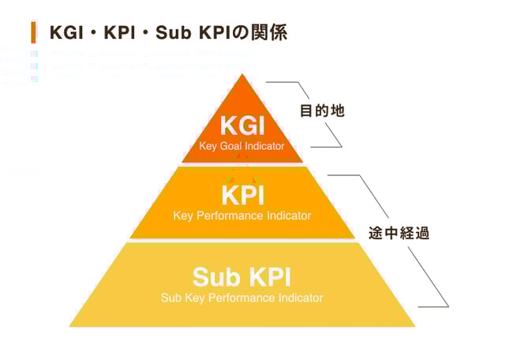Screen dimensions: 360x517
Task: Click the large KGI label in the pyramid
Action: coord(242,126)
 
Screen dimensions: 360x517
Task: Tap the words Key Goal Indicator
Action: coord(242,146)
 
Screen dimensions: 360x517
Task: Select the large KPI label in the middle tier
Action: coord(242,195)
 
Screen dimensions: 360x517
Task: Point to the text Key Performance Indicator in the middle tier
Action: coord(242,216)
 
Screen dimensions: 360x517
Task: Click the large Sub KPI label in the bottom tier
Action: coord(242,277)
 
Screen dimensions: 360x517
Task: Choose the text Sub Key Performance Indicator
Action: coord(242,298)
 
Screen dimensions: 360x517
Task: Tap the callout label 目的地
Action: coord(324,111)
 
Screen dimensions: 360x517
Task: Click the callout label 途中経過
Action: coord(399,234)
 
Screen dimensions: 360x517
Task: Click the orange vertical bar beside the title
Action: coord(33,32)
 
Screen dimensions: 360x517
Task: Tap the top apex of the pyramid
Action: coord(242,77)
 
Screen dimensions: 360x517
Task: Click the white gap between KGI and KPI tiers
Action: coord(242,164)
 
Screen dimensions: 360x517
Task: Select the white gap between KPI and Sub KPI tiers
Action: coord(242,241)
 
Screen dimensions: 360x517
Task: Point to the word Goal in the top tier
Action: coord(231,146)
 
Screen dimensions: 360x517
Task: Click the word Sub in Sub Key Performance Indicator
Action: coord(170,298)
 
